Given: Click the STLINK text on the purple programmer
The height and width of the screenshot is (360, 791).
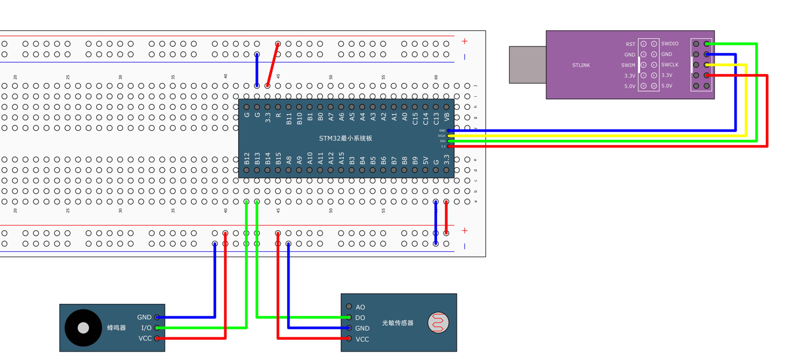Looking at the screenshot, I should pos(581,65).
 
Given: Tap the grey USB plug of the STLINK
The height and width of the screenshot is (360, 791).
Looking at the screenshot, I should pos(527,64).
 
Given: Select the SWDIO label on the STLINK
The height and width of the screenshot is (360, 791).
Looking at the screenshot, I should pos(669,44).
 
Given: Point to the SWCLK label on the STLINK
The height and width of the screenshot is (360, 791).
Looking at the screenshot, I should pos(669,65).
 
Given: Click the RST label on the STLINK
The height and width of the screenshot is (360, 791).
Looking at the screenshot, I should pos(630,44).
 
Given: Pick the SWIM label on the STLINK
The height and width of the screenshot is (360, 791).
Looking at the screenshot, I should pos(628,65).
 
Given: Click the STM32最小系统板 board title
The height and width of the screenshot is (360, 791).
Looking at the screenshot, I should pos(346,139).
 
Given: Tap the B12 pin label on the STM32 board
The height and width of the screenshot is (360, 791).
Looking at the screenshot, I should pos(247,159).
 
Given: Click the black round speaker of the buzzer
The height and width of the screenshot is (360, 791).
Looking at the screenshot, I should pos(83,328).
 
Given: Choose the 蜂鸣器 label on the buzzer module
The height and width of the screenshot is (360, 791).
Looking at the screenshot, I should pos(116,328).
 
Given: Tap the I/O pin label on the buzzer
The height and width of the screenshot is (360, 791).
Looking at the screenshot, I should pos(146,328).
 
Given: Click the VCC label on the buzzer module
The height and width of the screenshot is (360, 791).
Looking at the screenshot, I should pos(144,339).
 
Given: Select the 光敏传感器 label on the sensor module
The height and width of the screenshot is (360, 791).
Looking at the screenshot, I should pos(398,323).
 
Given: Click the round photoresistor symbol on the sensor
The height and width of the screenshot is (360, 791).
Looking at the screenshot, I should pos(438,323).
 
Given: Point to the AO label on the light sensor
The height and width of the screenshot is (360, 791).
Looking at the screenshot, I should pos(360,307).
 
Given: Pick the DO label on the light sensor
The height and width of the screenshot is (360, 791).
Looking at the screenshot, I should pos(360,318).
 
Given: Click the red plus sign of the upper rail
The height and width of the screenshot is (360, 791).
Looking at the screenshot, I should pos(464,41).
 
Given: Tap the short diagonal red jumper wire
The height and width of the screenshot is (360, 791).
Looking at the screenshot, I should pos(273,65).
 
